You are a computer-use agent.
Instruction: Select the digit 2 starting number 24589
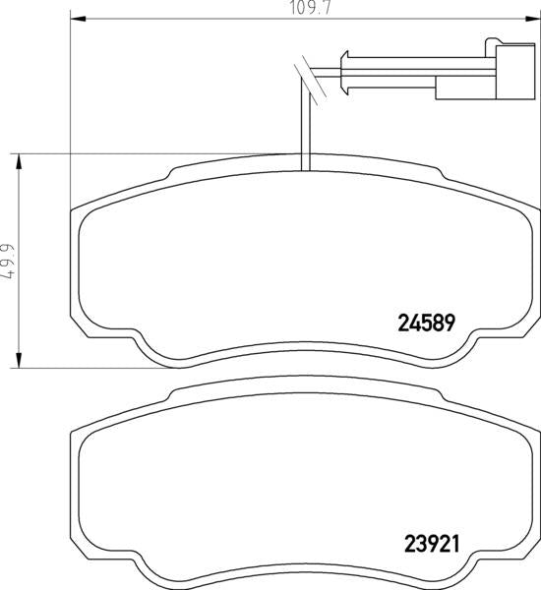(x=402, y=323)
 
